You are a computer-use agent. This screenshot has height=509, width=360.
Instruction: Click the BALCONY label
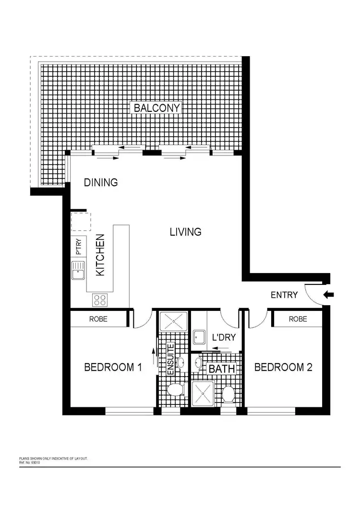tap(157, 108)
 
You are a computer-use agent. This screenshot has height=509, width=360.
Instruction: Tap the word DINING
tap(101, 182)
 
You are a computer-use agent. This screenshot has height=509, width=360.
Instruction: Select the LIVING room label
tap(185, 232)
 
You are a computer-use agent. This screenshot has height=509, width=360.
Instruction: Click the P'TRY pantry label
tap(79, 247)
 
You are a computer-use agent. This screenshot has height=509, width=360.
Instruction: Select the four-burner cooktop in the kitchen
tap(99, 300)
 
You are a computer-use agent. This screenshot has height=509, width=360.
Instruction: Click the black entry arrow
tap(328, 295)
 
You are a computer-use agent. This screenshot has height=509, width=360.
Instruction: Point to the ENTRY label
tap(284, 295)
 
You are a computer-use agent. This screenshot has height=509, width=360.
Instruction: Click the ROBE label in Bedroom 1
tap(98, 319)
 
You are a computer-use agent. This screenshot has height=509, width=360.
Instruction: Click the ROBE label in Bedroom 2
tap(298, 319)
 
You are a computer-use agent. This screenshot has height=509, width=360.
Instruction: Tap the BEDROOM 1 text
tap(113, 367)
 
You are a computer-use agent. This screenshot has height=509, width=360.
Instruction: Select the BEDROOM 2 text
tap(283, 367)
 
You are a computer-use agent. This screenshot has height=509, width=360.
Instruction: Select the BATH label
tap(222, 369)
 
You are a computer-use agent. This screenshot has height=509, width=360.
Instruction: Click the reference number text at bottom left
tap(30, 463)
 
